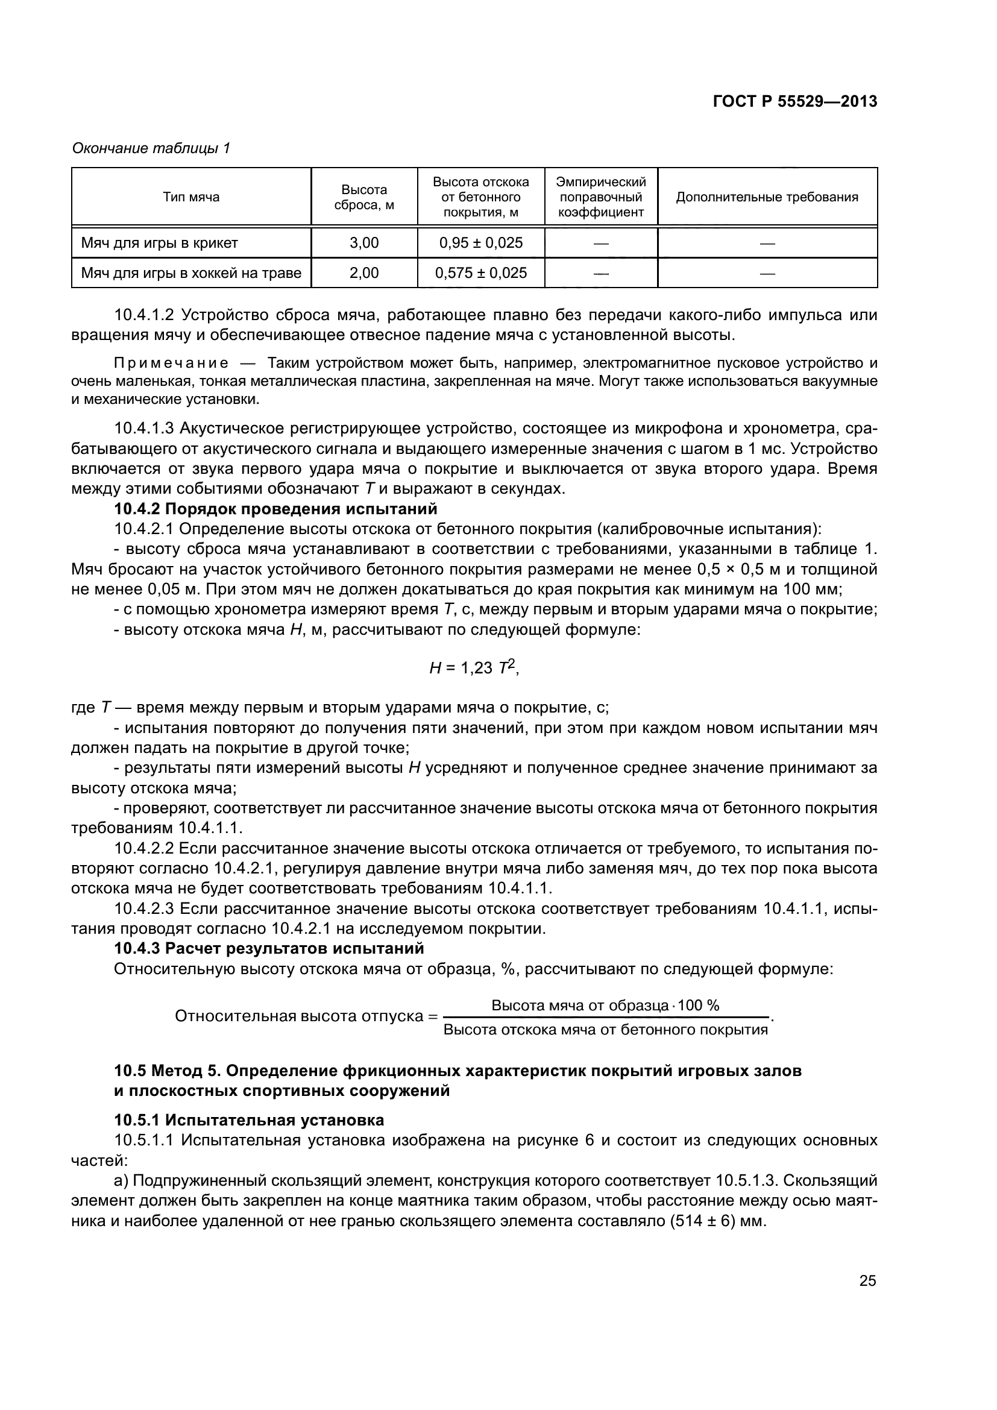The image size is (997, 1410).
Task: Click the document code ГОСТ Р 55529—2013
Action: [794, 102]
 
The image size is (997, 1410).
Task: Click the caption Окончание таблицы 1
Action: [151, 148]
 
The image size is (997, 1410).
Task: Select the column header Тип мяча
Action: [191, 197]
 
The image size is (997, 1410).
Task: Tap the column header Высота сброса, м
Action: [364, 197]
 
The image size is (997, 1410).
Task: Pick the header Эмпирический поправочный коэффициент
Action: [600, 197]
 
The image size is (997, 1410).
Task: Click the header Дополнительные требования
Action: [767, 197]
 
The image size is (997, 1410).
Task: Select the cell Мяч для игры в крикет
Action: [160, 243]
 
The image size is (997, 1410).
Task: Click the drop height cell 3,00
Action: [364, 243]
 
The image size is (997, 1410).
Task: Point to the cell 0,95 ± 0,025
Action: [480, 243]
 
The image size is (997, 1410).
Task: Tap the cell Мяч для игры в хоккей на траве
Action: [191, 273]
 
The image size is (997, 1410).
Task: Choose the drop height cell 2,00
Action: [364, 273]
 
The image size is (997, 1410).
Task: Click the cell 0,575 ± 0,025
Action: [480, 273]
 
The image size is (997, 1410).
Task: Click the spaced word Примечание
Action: [171, 363]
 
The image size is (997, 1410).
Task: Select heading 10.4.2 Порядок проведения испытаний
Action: [275, 509]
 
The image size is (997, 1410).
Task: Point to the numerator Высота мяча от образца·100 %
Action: [605, 1006]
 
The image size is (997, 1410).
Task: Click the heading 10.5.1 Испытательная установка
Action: [250, 1120]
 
